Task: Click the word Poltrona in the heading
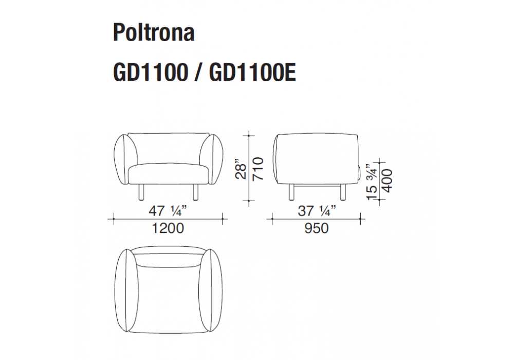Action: coord(154,32)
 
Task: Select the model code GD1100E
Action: coord(252,72)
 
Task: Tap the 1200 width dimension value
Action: coord(168,228)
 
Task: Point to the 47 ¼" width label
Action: coord(168,210)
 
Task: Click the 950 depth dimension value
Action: coord(316,228)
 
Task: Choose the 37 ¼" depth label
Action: coord(317,210)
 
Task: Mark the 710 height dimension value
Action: coord(259,169)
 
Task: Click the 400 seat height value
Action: coord(387,181)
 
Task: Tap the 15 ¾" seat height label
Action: coord(372,181)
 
